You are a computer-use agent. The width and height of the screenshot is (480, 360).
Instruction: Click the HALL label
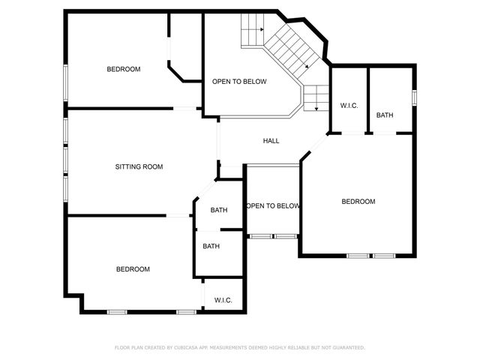coord(271,141)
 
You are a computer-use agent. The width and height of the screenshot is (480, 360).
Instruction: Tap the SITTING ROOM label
coord(139,166)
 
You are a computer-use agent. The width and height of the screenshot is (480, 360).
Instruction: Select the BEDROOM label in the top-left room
coord(124,69)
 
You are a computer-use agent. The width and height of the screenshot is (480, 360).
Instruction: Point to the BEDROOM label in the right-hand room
coord(358,201)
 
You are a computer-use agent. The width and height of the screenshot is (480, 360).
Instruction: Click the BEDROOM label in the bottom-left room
coord(133,268)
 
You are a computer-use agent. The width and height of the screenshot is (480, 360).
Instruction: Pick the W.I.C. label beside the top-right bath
coord(349,106)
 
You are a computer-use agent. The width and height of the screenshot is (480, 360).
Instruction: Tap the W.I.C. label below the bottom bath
coord(223,300)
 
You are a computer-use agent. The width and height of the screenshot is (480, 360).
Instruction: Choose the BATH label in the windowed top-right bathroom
coord(385,115)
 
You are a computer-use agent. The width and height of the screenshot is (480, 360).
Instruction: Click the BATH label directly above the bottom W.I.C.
coord(211,246)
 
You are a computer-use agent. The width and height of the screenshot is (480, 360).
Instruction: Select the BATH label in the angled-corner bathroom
coord(219,210)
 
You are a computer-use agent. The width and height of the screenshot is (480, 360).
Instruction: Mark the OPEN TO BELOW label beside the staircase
coord(239,81)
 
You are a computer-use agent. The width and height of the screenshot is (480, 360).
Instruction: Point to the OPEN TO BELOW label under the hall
coord(273,205)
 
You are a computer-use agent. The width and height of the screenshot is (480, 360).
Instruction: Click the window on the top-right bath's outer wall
coord(414,97)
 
